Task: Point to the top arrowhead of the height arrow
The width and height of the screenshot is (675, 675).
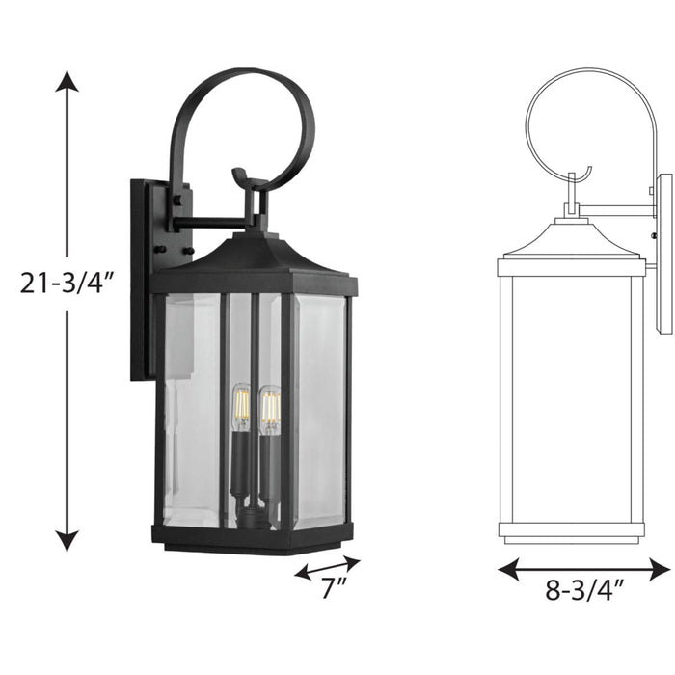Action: [x=66, y=79]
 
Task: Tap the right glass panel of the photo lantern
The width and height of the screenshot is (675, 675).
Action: [x=318, y=410]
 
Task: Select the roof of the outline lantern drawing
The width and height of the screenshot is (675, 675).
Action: [x=571, y=241]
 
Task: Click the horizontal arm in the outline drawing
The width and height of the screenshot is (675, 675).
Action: [x=617, y=209]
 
